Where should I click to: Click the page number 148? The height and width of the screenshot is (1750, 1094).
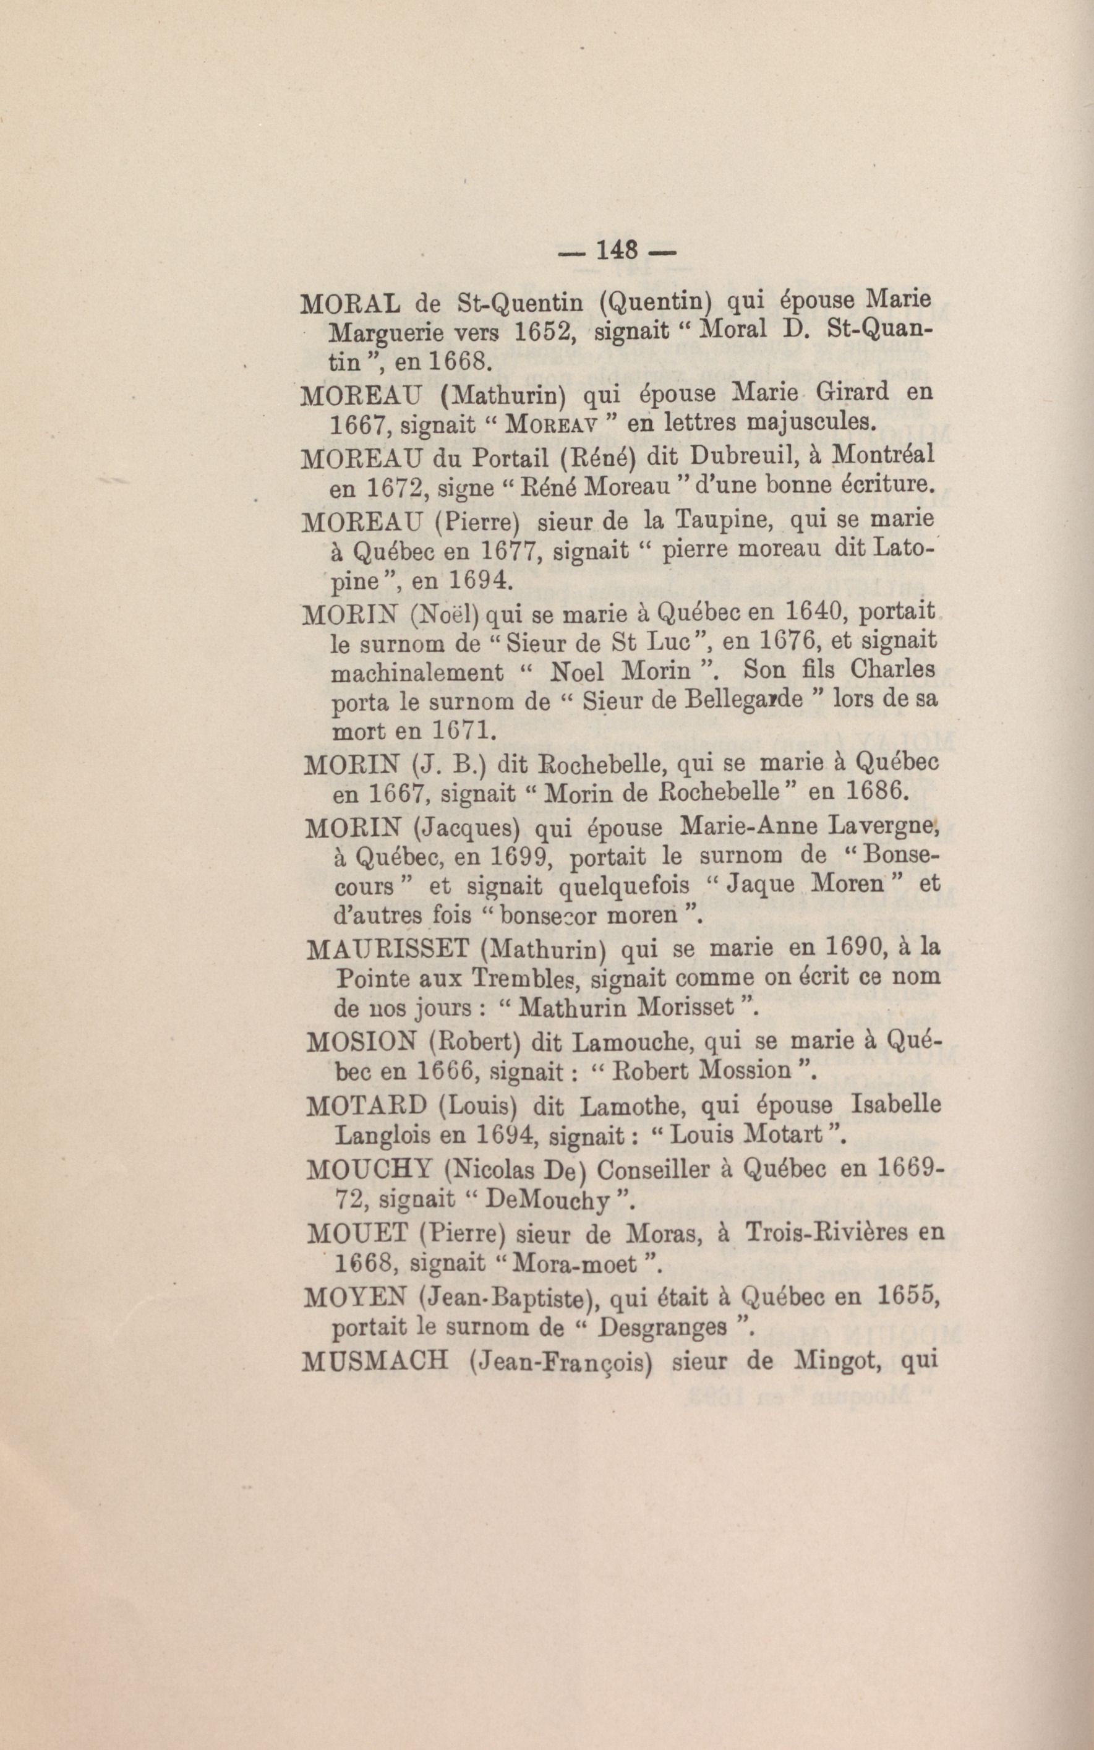pos(616,251)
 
